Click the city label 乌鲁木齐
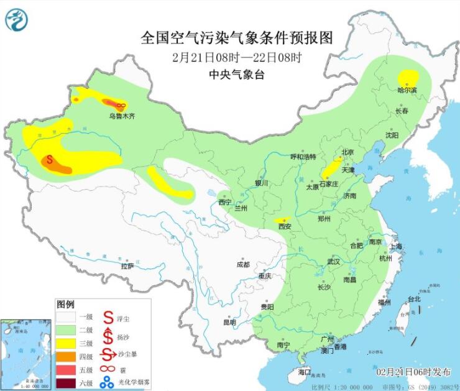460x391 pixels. [122, 116]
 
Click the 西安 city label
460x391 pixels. [285, 227]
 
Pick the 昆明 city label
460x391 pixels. [229, 323]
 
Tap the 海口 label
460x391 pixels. [304, 372]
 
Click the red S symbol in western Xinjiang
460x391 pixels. [49, 159]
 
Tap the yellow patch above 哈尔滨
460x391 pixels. [408, 78]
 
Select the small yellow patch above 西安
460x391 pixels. [283, 220]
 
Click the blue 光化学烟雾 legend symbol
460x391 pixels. [108, 382]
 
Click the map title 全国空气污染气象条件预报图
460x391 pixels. [237, 38]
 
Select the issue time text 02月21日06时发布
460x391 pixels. [413, 372]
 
